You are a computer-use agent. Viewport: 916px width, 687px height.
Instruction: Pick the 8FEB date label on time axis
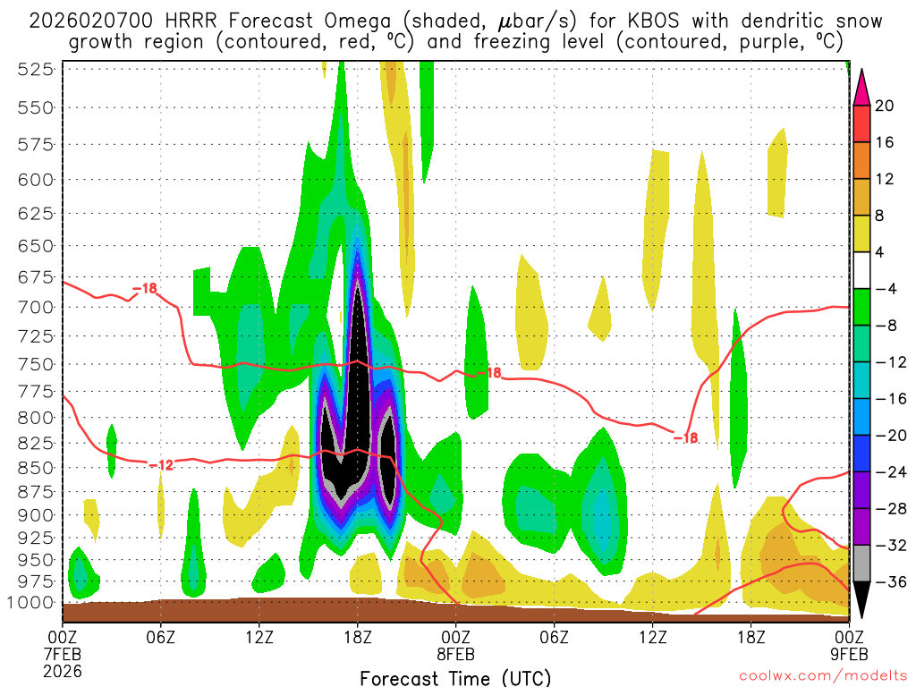click(x=456, y=653)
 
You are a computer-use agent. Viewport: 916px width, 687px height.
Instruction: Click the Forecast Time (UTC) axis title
click(x=455, y=677)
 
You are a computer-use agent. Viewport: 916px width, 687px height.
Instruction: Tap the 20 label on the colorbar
click(x=885, y=106)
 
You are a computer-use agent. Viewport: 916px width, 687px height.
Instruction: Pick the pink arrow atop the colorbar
click(x=861, y=87)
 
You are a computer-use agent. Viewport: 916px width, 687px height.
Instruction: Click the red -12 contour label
click(x=161, y=464)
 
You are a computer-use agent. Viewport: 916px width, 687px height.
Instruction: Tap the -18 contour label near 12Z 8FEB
click(x=684, y=437)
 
